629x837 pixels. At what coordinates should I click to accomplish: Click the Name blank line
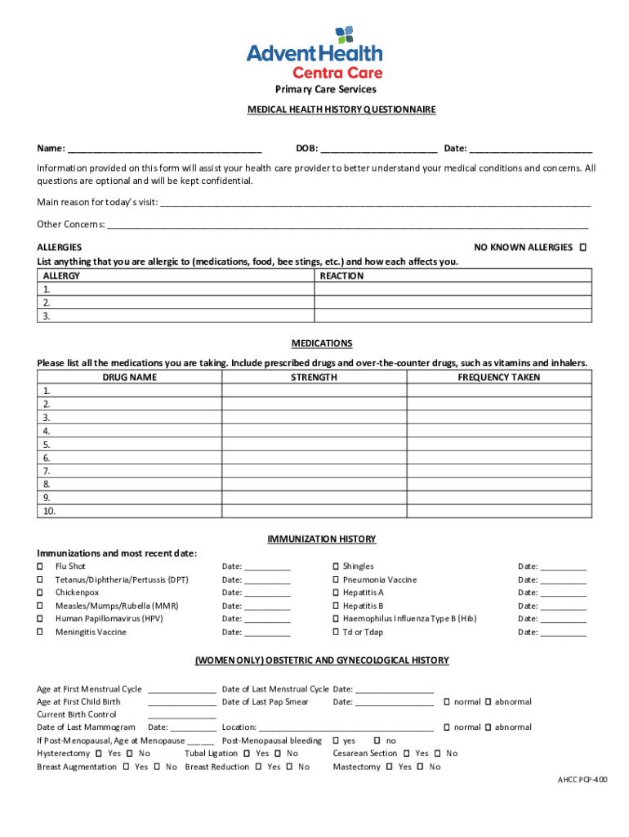click(164, 150)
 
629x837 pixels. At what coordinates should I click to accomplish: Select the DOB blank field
click(378, 150)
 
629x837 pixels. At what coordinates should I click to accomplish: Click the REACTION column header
click(341, 276)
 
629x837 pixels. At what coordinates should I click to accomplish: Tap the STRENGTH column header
click(314, 378)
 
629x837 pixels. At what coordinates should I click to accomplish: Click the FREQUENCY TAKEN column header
click(498, 378)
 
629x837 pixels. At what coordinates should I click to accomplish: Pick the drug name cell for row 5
click(129, 445)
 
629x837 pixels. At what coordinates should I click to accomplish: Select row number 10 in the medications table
click(49, 512)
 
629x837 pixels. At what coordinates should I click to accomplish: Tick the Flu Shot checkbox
click(40, 566)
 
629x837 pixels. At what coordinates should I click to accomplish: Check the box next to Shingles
click(336, 566)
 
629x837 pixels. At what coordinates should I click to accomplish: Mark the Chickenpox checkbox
click(40, 593)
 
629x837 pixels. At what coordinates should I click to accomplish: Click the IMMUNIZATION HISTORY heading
click(321, 539)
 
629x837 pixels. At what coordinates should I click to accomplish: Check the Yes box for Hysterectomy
click(99, 754)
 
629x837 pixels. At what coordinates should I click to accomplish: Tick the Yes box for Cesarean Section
click(406, 754)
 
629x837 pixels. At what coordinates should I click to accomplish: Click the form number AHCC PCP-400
click(582, 781)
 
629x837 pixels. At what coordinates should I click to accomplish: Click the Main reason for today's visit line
click(375, 203)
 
